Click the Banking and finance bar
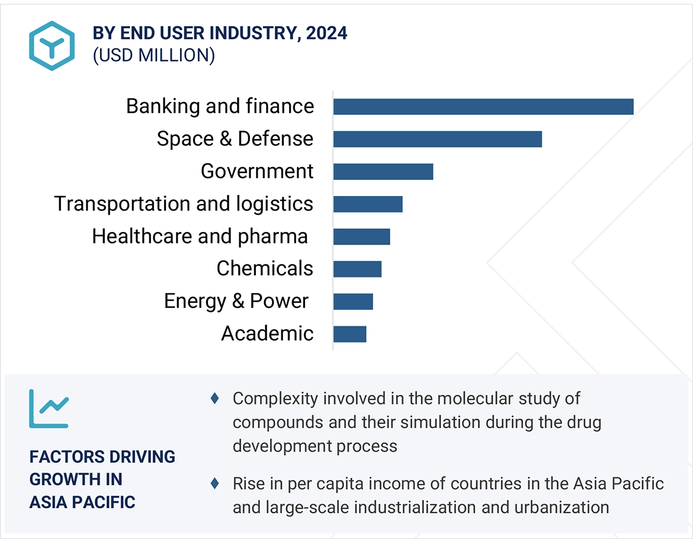(483, 107)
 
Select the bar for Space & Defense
(437, 139)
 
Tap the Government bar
(383, 171)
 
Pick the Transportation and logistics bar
(367, 204)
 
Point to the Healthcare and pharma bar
(361, 237)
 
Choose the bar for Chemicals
(357, 269)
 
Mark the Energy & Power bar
(353, 301)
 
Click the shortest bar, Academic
(349, 334)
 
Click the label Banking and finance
(220, 106)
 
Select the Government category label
(256, 171)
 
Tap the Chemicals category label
(264, 268)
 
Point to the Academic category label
(267, 333)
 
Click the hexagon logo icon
(52, 46)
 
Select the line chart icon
(49, 409)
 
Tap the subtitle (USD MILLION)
(153, 55)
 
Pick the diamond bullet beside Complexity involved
(214, 398)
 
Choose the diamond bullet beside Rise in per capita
(214, 484)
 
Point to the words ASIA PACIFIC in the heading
(82, 502)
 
